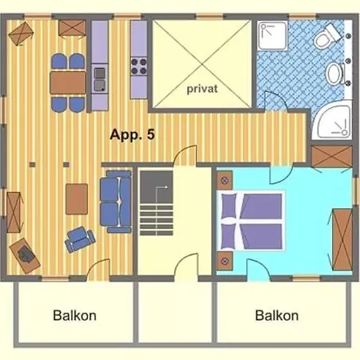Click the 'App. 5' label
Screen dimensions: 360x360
tap(132, 134)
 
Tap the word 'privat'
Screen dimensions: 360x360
tap(202, 89)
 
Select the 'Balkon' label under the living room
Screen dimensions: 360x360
tap(74, 315)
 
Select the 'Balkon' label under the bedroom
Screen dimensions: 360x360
tap(277, 315)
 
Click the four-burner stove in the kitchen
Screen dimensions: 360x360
tap(138, 66)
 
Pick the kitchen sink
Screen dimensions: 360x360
tap(100, 79)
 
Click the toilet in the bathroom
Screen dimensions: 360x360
tap(327, 37)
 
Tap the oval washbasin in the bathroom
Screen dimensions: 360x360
tap(335, 74)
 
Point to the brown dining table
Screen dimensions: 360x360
tap(68, 82)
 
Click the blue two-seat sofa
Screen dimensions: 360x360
tap(116, 202)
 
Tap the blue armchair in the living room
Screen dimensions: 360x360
tap(80, 238)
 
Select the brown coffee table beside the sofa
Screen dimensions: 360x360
tap(77, 199)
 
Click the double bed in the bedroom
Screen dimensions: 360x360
tap(250, 221)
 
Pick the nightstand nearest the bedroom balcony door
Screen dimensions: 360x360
tap(225, 261)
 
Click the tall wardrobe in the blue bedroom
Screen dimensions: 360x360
tap(342, 239)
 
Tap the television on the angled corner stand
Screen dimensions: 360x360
tap(26, 254)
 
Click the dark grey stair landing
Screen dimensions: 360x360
tap(157, 187)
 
